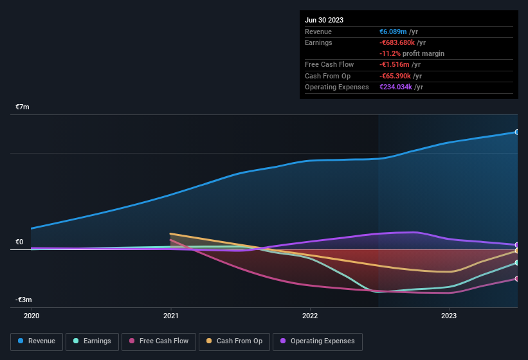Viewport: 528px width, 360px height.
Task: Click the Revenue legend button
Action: (x=37, y=341)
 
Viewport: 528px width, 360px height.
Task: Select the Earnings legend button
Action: (x=93, y=341)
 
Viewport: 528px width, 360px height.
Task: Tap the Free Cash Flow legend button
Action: (x=159, y=341)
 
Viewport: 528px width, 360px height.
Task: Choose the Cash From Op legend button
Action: (x=234, y=341)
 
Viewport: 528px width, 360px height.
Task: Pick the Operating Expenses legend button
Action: (x=317, y=341)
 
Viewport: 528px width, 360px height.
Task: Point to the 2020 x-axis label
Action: (x=32, y=316)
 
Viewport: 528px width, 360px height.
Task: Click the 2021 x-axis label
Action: (x=171, y=316)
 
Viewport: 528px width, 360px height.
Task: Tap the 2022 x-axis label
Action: (x=310, y=316)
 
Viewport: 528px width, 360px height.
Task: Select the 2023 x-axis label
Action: (x=449, y=316)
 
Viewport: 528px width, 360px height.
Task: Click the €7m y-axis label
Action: (x=23, y=107)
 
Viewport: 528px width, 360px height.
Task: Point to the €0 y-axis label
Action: (x=19, y=242)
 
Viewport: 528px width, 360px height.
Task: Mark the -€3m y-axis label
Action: (x=24, y=300)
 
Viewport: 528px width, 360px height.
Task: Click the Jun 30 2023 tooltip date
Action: (x=324, y=20)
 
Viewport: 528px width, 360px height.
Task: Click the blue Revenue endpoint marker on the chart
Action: (x=516, y=132)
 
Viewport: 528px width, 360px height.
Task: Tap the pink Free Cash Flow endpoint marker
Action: (x=516, y=278)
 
